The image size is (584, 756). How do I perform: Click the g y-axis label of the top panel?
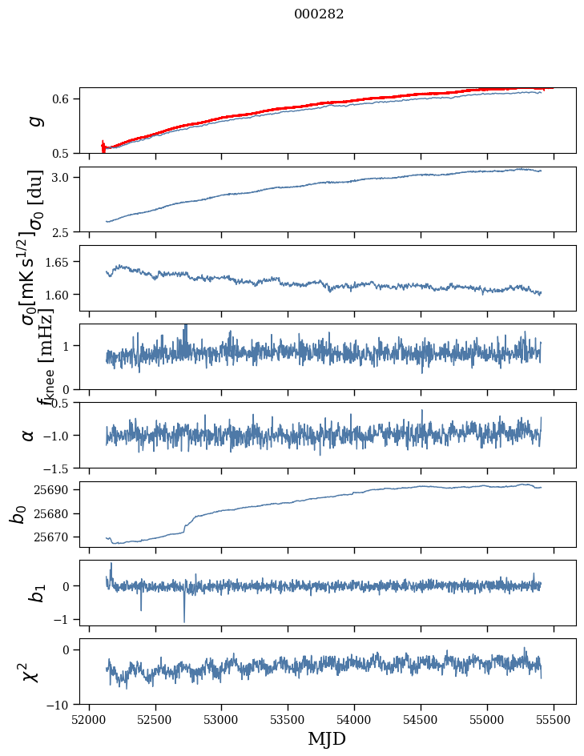[34, 120]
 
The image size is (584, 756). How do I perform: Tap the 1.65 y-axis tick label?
[58, 262]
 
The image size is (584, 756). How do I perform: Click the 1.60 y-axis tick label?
[58, 295]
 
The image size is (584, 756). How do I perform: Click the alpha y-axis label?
[29, 435]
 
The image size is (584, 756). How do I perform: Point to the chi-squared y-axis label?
[30, 672]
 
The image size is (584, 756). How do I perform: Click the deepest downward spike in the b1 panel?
[184, 620]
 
